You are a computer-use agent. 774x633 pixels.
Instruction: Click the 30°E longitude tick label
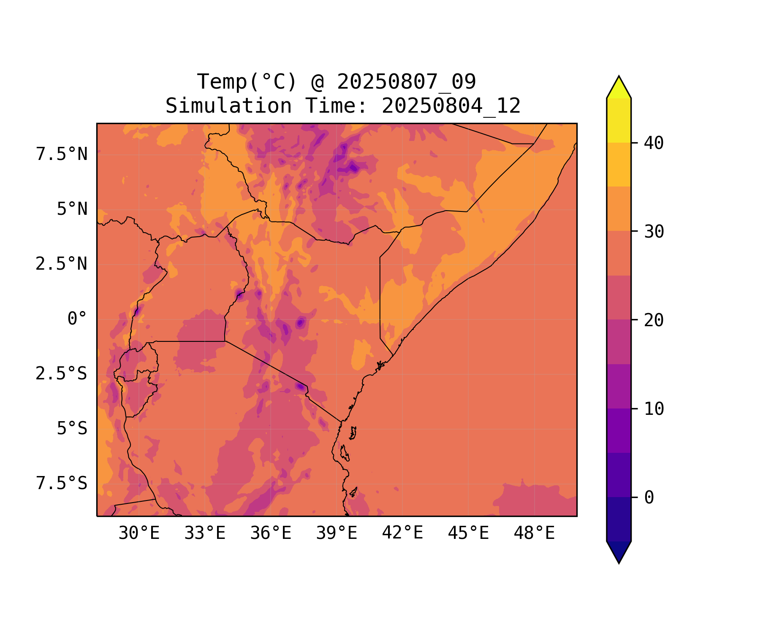click(x=139, y=533)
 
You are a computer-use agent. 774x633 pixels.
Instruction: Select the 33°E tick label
click(x=205, y=533)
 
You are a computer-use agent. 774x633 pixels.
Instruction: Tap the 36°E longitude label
click(x=271, y=533)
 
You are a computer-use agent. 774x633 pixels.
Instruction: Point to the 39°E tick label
click(x=337, y=533)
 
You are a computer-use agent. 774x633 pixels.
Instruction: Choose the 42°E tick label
click(x=402, y=533)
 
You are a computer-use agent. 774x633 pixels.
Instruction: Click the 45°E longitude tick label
click(x=468, y=533)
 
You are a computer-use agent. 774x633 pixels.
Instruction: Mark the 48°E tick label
click(x=534, y=533)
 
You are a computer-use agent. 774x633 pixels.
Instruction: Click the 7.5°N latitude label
click(x=62, y=154)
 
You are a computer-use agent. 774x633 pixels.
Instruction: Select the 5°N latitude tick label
click(x=72, y=209)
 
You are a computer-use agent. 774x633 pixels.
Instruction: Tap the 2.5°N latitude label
click(x=62, y=264)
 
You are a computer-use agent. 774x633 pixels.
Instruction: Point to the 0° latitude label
click(x=77, y=319)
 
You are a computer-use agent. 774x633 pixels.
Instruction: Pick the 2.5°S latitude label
click(x=62, y=374)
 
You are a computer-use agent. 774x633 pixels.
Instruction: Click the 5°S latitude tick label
click(x=72, y=429)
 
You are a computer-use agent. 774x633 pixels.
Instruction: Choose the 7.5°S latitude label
click(x=62, y=484)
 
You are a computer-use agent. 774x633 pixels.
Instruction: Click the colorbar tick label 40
click(x=654, y=143)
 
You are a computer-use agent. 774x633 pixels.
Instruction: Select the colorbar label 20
click(x=654, y=320)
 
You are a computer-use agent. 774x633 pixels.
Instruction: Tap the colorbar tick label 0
click(x=649, y=498)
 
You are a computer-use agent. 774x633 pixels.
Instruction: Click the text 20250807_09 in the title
click(x=406, y=82)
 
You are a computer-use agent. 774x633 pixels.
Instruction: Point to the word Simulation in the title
click(x=228, y=106)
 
